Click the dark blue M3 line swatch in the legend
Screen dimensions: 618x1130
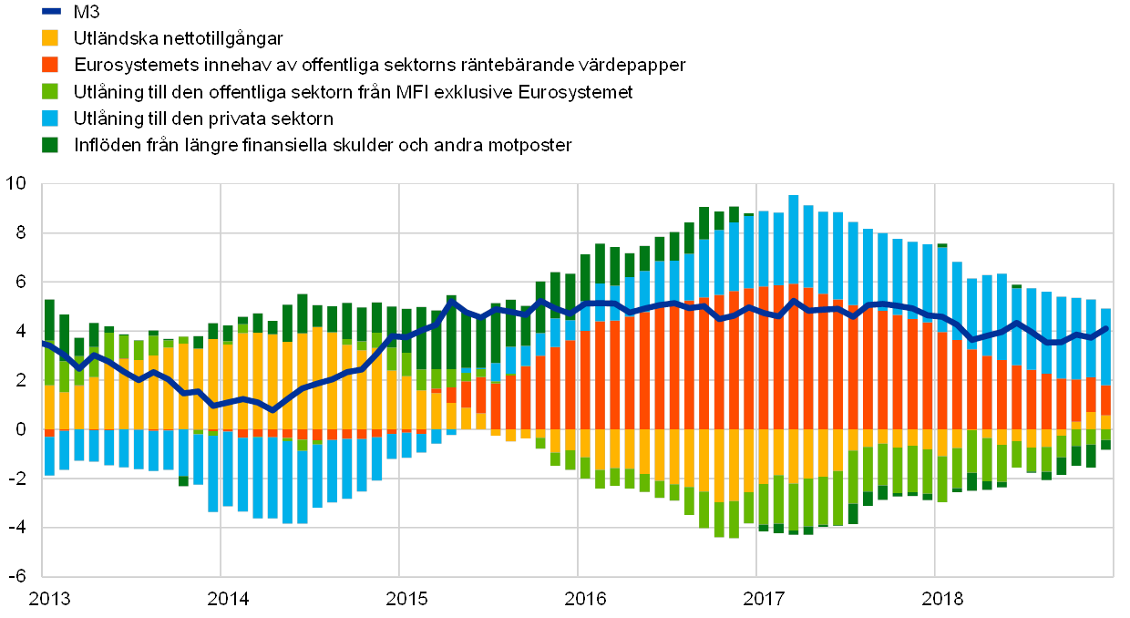pyautogui.click(x=51, y=11)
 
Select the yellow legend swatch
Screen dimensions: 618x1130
pyautogui.click(x=51, y=38)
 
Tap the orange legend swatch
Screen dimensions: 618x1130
pyautogui.click(x=51, y=65)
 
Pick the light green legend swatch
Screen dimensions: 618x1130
pyautogui.click(x=51, y=91)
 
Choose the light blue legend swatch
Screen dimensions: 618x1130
pyautogui.click(x=51, y=118)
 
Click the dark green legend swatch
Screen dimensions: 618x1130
pyautogui.click(x=51, y=144)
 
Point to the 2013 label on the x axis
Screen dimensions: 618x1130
pyautogui.click(x=49, y=599)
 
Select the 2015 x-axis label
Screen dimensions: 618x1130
pyautogui.click(x=406, y=599)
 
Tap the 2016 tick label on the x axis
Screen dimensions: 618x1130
pyautogui.click(x=584, y=599)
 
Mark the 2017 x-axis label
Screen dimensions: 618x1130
pyautogui.click(x=764, y=599)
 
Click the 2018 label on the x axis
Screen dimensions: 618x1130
pyautogui.click(x=942, y=599)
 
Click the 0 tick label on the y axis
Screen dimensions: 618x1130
pyautogui.click(x=22, y=429)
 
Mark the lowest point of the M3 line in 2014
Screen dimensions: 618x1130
pyautogui.click(x=272, y=409)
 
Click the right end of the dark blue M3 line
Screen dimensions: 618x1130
pyautogui.click(x=1106, y=328)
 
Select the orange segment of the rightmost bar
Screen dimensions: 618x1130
pyautogui.click(x=1105, y=400)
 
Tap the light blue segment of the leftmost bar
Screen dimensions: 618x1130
pyautogui.click(x=49, y=455)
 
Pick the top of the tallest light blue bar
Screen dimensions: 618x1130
pyautogui.click(x=794, y=196)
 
